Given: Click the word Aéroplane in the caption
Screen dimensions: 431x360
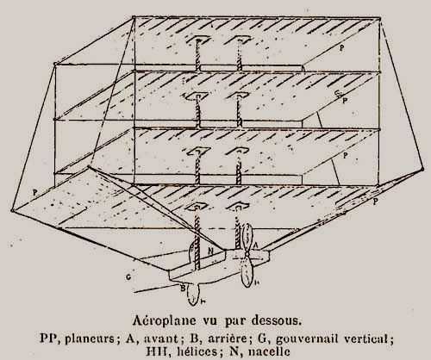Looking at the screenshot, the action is tap(160, 320).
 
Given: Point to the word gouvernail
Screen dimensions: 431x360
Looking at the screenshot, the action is tap(307, 339).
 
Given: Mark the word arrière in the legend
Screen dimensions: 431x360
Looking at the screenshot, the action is tap(228, 338).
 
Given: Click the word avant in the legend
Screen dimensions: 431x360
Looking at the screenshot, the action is tap(161, 338).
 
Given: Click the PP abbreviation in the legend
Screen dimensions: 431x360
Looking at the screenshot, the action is tap(48, 338).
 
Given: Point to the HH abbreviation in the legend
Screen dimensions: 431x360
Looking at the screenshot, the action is tap(155, 351).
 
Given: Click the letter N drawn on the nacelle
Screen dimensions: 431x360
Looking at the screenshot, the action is tap(211, 251).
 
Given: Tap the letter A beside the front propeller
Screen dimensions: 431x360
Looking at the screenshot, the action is tap(255, 245).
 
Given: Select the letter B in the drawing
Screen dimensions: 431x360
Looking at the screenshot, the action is tap(183, 288).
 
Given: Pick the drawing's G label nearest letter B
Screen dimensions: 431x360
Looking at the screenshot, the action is tap(128, 277).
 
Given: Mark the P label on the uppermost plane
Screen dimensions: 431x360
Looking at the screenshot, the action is tap(341, 48).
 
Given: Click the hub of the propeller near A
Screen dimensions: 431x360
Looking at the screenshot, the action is tap(247, 254).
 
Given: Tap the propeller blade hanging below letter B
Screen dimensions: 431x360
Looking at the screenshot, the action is tap(192, 295).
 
